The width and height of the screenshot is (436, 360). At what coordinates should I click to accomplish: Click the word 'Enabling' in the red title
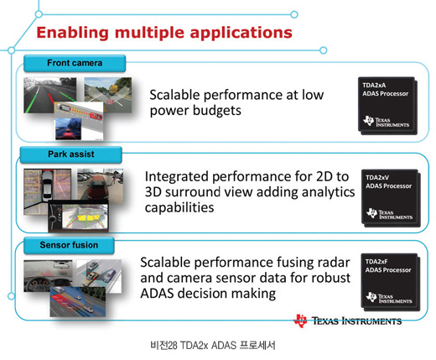(x=72, y=33)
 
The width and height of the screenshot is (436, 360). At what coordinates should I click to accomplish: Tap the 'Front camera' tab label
(x=75, y=63)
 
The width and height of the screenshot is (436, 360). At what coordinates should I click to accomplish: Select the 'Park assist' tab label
(x=71, y=154)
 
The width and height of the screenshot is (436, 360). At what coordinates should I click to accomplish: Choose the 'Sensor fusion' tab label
(x=69, y=245)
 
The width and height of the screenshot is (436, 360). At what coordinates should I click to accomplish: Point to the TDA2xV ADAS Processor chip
(x=391, y=198)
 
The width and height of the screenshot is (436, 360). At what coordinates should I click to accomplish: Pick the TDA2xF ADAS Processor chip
(x=391, y=282)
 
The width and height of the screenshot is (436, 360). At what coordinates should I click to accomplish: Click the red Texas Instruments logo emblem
(x=300, y=321)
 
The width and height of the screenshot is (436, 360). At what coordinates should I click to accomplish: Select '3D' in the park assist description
(x=153, y=192)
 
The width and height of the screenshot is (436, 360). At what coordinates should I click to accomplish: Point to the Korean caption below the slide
(x=213, y=345)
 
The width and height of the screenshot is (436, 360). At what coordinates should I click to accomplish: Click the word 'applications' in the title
(x=241, y=34)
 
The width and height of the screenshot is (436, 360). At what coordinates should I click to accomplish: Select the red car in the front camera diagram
(x=96, y=116)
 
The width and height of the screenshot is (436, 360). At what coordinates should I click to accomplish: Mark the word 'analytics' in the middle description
(x=328, y=193)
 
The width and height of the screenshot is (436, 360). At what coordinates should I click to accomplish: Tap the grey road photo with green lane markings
(x=50, y=95)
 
